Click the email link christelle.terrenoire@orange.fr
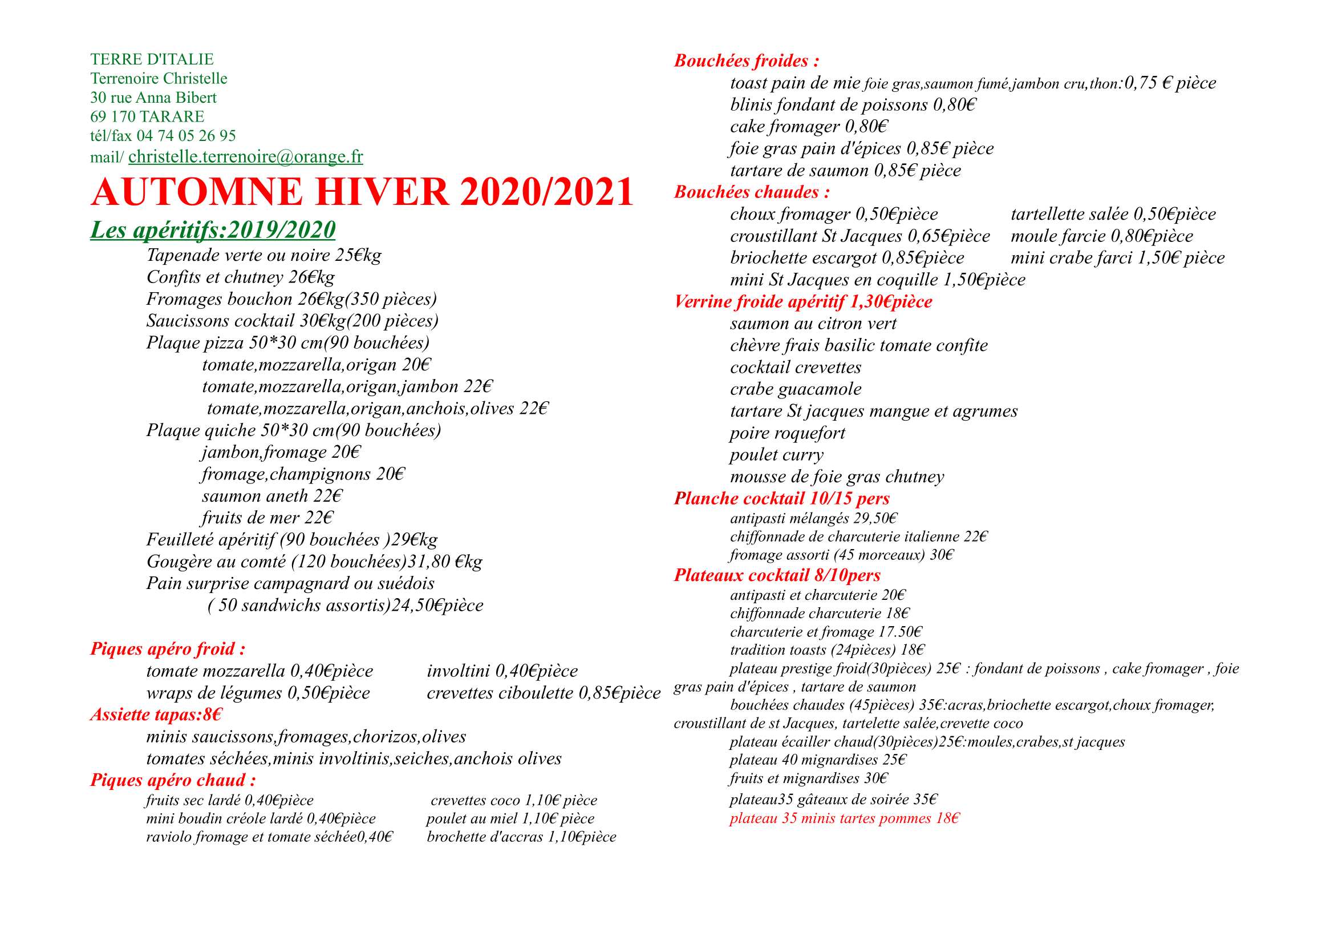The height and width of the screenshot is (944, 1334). coord(245,156)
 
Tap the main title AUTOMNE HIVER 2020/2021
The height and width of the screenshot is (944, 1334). coord(362,192)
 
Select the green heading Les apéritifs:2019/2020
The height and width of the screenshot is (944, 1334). coord(213,230)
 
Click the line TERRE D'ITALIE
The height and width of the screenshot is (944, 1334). coord(152,59)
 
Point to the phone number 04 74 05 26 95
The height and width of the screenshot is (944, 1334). coord(186,136)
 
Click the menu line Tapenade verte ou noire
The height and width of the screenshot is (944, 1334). coord(264,255)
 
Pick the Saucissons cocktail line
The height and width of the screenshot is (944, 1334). coord(291,321)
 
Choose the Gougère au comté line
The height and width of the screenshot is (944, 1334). coord(314,562)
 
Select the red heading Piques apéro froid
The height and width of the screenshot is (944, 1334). coord(167,649)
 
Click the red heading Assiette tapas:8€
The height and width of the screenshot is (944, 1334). coord(156,715)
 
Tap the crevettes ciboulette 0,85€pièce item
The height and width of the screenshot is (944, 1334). coord(544,693)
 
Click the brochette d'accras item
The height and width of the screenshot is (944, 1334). coord(521,837)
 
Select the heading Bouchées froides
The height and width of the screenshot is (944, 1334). coord(746,61)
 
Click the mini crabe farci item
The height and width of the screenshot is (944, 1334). coord(1117,257)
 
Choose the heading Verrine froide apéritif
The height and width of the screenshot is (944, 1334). coord(802,302)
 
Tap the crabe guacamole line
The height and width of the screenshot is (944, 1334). coord(796,389)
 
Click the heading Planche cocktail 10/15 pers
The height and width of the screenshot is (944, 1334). coord(781,498)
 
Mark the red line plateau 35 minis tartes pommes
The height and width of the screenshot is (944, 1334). coord(844,818)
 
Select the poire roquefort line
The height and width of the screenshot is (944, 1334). coord(787,433)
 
